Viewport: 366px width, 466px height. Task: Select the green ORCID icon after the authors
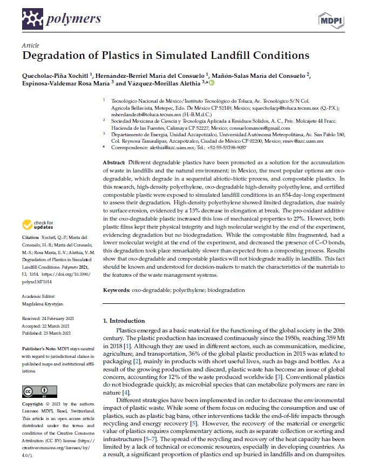pos(212,83)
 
